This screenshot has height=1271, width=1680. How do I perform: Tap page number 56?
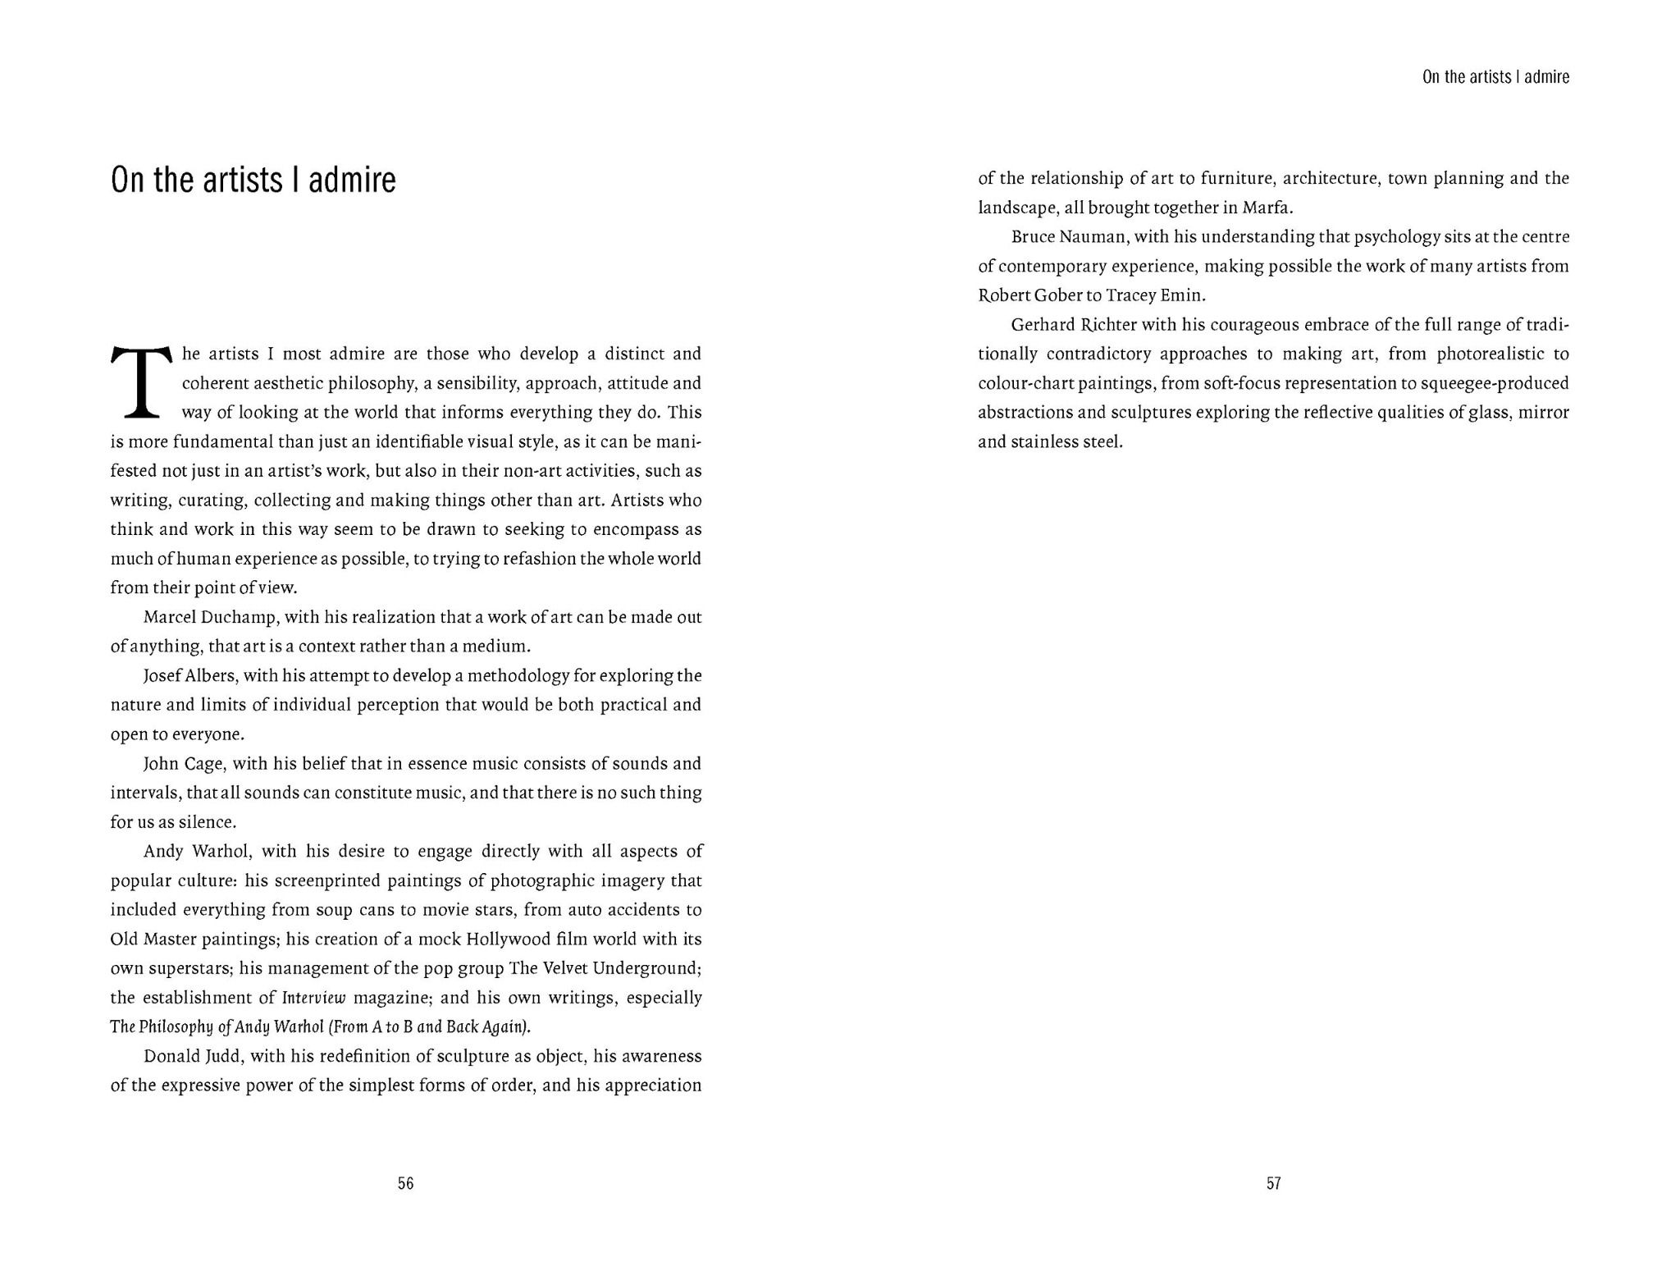[405, 1183]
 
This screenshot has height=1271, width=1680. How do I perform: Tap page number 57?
[1273, 1183]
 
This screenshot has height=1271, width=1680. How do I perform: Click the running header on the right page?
[1495, 77]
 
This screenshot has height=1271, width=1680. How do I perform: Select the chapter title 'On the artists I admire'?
[253, 181]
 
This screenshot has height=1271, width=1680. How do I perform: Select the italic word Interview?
[313, 998]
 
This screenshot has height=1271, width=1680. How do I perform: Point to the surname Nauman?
[1094, 237]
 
